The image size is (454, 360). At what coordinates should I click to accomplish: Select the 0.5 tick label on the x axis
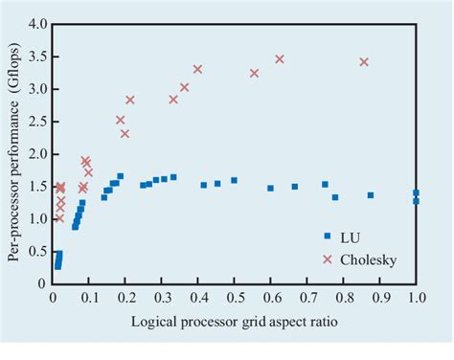pos(234,299)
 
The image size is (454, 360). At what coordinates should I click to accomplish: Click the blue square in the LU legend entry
pos(327,236)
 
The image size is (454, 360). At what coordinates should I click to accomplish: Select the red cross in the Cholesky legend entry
pos(327,258)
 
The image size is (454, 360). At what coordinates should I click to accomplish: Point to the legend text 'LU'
pos(352,236)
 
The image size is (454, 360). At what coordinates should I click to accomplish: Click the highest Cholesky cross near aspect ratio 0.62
pos(280,59)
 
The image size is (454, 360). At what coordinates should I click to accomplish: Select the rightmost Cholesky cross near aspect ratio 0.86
pos(364,62)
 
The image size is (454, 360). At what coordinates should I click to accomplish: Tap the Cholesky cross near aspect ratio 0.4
pos(198,69)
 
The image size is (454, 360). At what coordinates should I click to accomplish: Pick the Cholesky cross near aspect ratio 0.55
pos(255,73)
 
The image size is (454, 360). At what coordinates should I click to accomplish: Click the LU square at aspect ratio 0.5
pos(234,180)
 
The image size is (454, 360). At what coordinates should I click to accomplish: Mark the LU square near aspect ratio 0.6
pos(270,188)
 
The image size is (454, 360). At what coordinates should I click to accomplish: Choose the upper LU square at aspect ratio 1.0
pos(416,192)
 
